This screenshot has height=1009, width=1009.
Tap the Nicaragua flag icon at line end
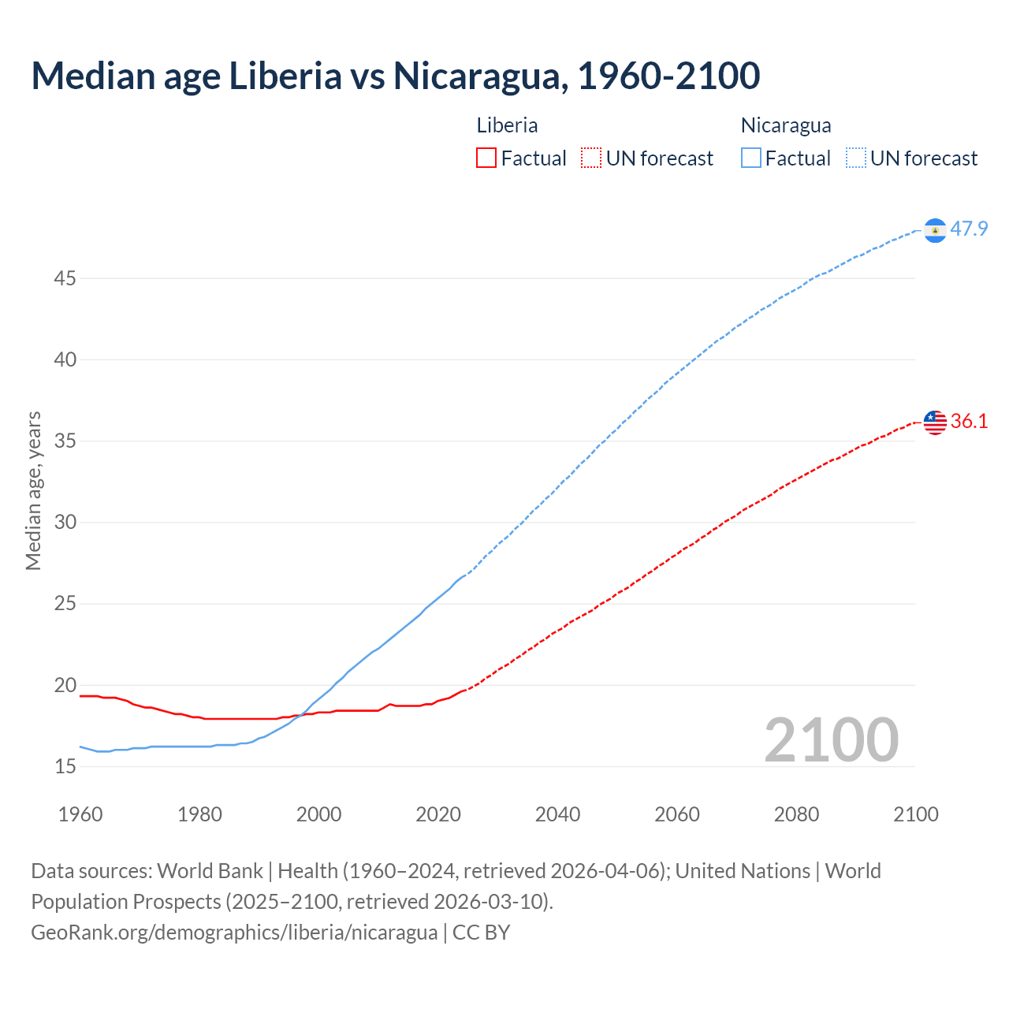tap(935, 230)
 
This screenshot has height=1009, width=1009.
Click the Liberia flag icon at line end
tap(935, 423)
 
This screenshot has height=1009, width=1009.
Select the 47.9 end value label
tap(969, 229)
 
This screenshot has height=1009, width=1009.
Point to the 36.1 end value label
tap(969, 422)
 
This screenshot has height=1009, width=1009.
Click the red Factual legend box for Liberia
tap(486, 158)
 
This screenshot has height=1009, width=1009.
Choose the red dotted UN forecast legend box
tap(591, 158)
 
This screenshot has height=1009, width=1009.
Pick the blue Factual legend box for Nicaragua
tap(751, 158)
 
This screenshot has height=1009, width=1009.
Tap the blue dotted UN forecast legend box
tap(855, 158)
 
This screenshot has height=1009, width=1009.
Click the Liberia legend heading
tap(507, 125)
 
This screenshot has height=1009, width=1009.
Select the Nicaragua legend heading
tap(786, 125)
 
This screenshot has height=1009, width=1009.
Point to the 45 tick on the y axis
tap(65, 279)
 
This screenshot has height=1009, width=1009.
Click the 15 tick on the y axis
tap(65, 767)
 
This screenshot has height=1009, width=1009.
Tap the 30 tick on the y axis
tap(65, 523)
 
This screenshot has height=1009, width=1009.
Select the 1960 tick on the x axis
tap(80, 814)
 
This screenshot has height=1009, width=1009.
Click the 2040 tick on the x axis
tap(557, 814)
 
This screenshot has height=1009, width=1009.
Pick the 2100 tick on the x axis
tap(915, 814)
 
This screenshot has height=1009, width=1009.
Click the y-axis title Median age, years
tap(33, 490)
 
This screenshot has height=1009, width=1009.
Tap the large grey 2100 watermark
tap(831, 740)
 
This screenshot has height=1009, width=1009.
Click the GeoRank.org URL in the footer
tap(234, 933)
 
